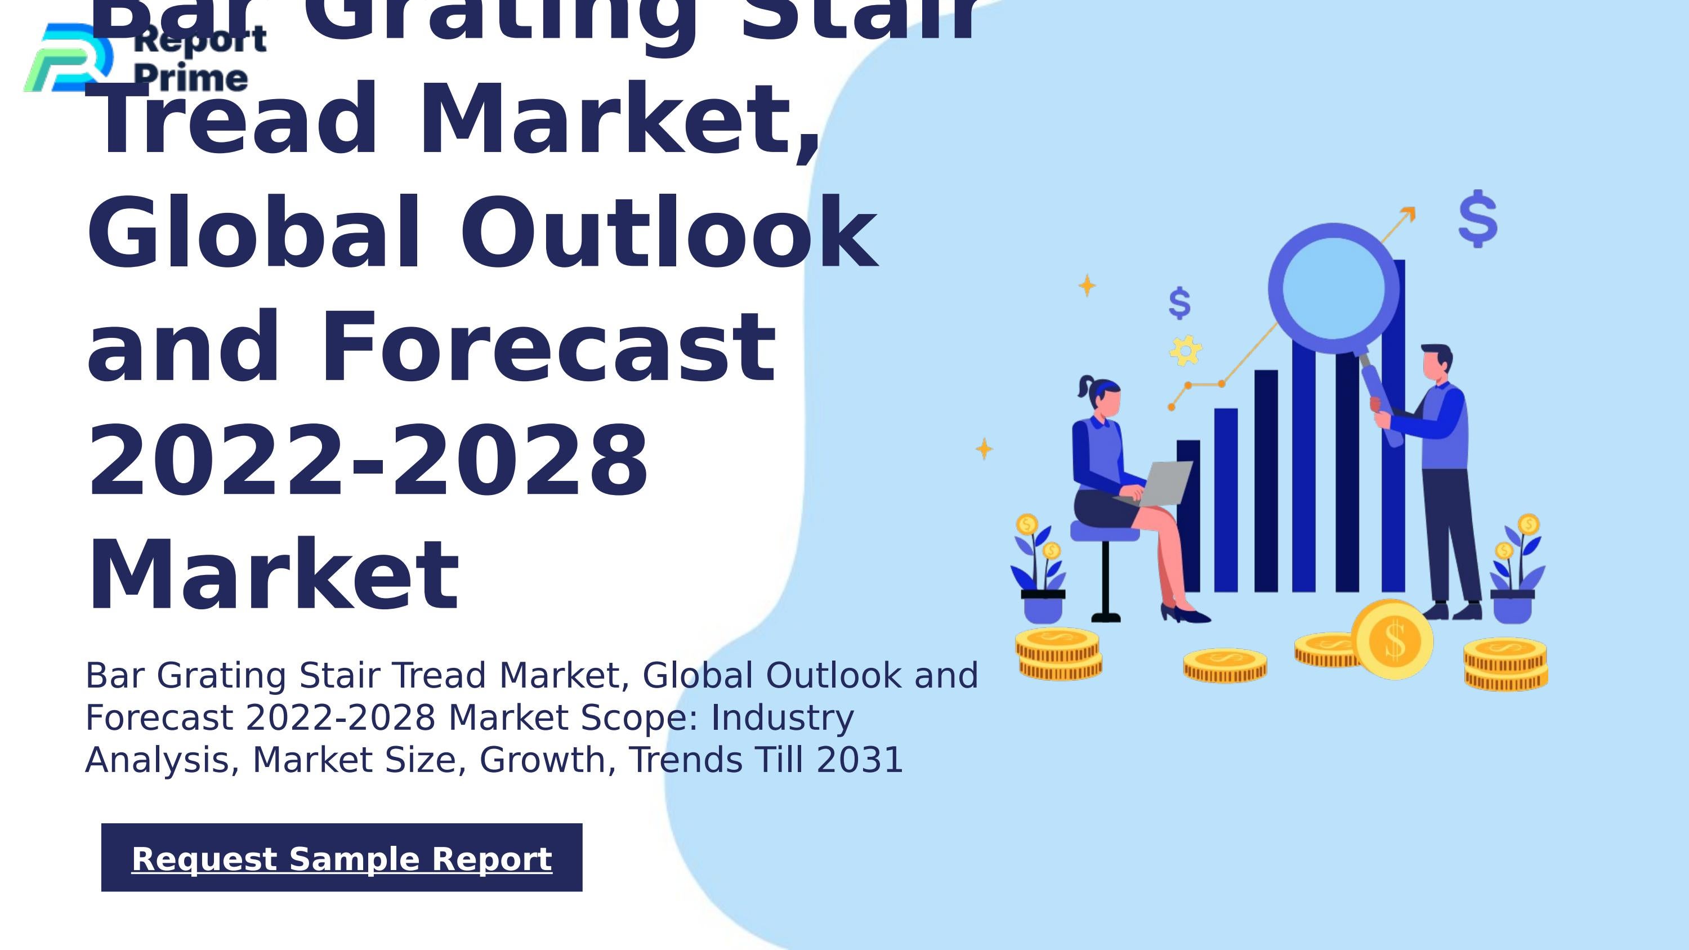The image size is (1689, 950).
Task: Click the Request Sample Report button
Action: point(342,858)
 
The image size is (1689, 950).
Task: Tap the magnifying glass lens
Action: point(1333,288)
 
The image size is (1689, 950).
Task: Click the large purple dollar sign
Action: point(1478,219)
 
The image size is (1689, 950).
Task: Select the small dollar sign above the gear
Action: point(1179,304)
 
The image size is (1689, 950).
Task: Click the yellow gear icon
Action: point(1186,350)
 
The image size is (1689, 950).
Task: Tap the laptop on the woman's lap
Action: point(1164,483)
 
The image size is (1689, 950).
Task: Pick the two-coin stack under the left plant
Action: point(1058,654)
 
